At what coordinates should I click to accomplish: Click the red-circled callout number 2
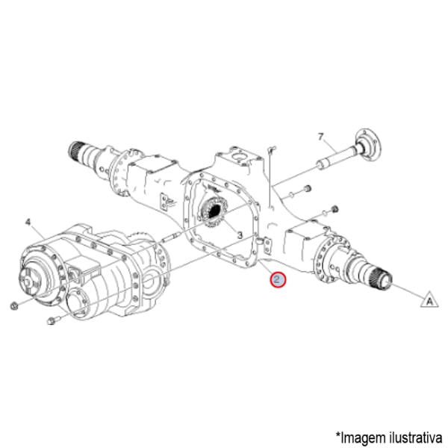tap(277, 280)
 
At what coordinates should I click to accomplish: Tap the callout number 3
tap(240, 234)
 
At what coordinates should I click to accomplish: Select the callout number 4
tap(28, 222)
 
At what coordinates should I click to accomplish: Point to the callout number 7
tap(320, 137)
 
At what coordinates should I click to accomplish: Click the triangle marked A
tap(428, 300)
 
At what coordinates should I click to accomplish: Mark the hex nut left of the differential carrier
tap(15, 305)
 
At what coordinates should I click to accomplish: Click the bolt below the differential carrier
tap(52, 322)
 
